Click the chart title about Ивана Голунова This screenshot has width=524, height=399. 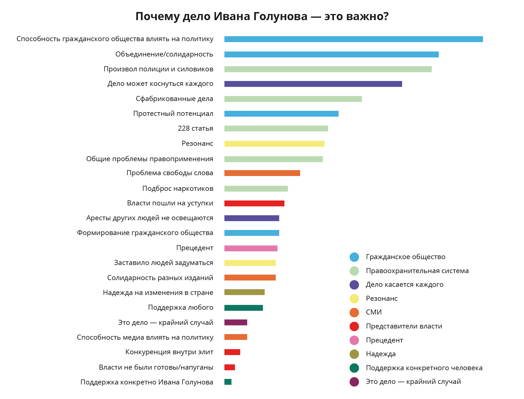[262, 17]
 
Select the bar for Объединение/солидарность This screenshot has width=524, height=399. [331, 55]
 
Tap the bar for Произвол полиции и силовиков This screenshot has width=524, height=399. [328, 69]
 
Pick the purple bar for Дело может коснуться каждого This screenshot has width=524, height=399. [313, 84]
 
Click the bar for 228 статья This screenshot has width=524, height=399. [276, 128]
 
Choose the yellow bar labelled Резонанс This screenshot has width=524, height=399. [274, 144]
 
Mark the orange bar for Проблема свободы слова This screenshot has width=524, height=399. [262, 173]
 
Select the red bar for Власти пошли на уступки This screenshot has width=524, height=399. [254, 203]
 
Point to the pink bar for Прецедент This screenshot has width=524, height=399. [251, 248]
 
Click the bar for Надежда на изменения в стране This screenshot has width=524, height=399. [244, 292]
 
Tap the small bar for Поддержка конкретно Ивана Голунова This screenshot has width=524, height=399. [228, 382]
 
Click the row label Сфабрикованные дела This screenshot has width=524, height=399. [174, 99]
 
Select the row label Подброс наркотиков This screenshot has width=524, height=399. [178, 189]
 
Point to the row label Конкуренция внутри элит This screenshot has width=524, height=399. [169, 352]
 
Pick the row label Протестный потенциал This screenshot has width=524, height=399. [173, 114]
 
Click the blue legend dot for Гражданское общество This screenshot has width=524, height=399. [354, 257]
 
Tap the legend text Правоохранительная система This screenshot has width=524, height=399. [417, 271]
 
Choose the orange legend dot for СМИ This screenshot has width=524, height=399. [354, 313]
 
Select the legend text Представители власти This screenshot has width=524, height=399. [404, 326]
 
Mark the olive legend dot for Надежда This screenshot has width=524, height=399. [354, 354]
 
